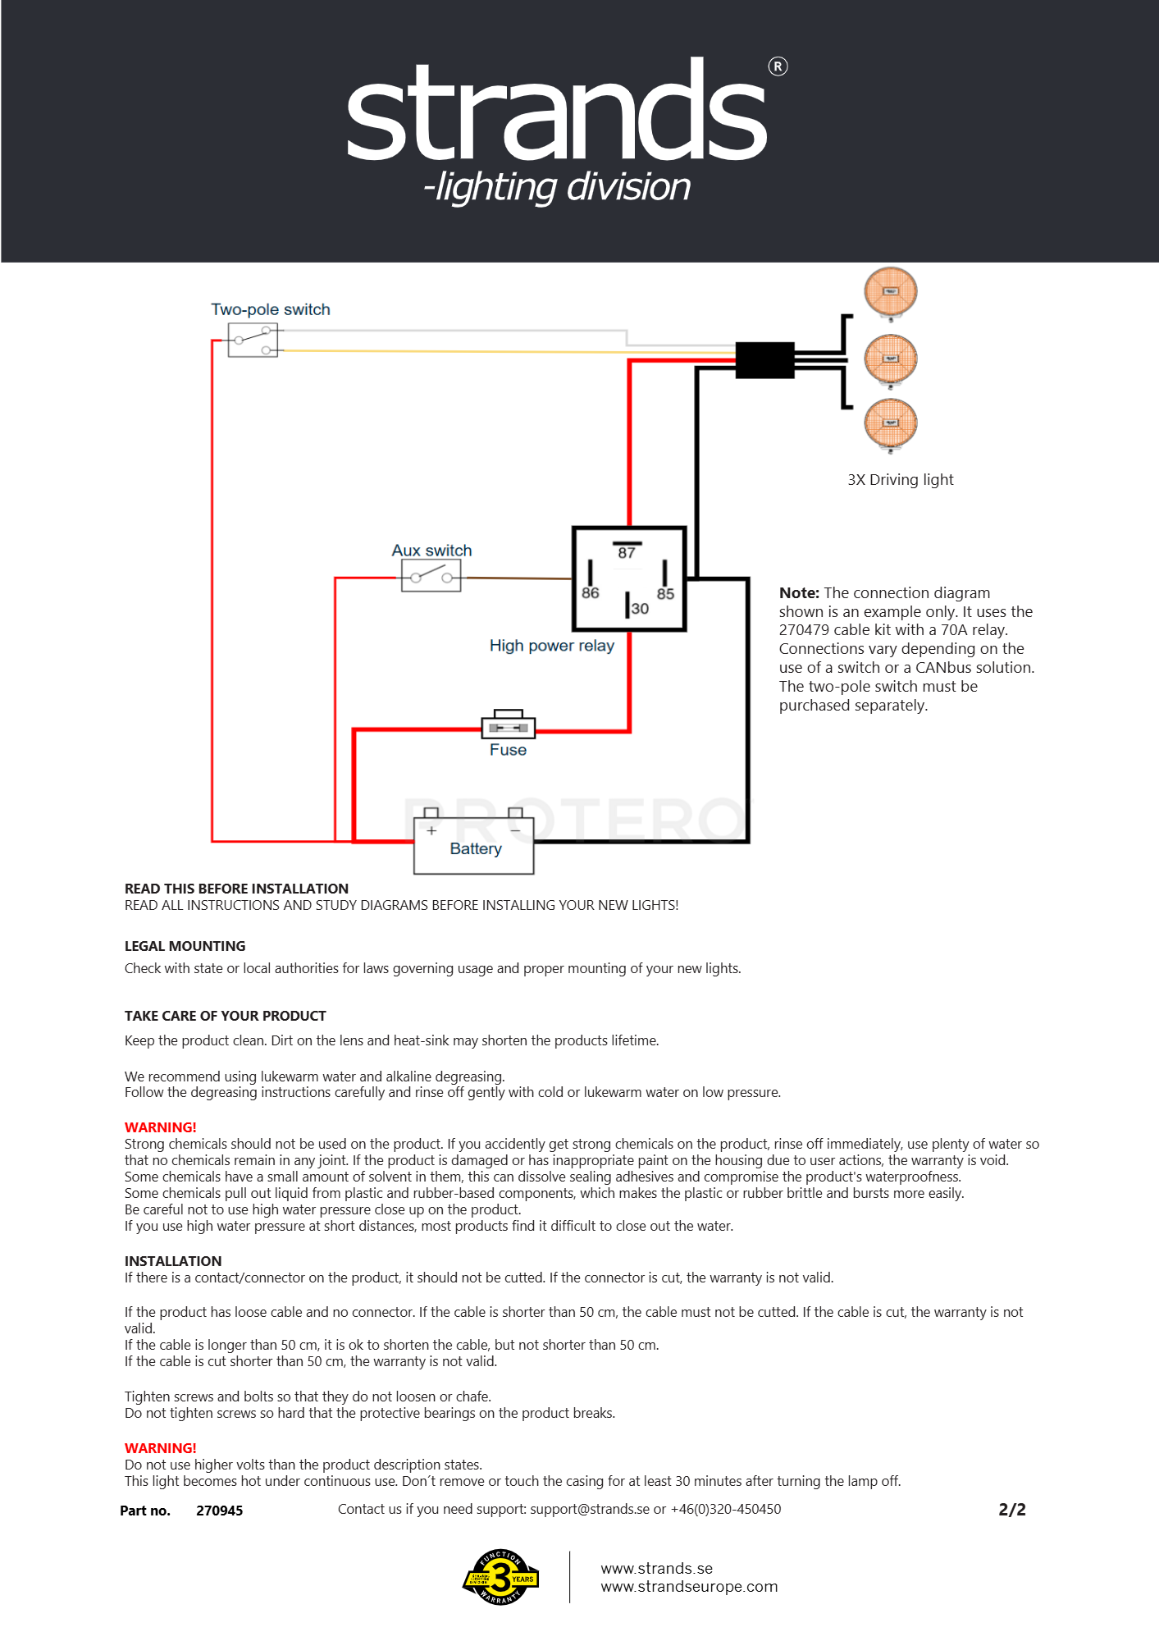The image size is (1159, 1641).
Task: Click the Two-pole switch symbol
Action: coord(253,340)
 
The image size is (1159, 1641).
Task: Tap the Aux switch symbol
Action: coord(431,577)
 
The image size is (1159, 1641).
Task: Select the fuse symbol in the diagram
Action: coord(509,725)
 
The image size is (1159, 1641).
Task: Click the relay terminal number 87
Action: coord(627,553)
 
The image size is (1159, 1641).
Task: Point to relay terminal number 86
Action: coord(591,592)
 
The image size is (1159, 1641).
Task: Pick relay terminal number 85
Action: coord(665,593)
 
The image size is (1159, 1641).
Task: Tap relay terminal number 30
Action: coord(640,608)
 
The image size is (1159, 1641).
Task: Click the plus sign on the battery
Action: coord(431,830)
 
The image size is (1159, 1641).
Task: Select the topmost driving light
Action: coord(891,292)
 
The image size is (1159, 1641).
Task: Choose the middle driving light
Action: coord(891,359)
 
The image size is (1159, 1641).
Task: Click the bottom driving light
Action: coord(891,423)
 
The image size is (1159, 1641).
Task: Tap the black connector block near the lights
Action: coord(764,360)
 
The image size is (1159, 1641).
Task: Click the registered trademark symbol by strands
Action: coord(778,66)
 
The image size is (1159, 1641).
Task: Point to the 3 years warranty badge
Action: coord(500,1577)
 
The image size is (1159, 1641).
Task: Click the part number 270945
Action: coord(219,1511)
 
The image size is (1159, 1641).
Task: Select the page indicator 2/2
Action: coord(1012,1510)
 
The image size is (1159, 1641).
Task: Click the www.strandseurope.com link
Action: coord(689,1586)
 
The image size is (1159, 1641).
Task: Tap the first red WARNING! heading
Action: coord(161,1127)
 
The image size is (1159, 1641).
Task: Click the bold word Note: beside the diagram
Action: coord(799,592)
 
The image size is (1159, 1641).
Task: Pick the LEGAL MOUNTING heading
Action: coord(185,946)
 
